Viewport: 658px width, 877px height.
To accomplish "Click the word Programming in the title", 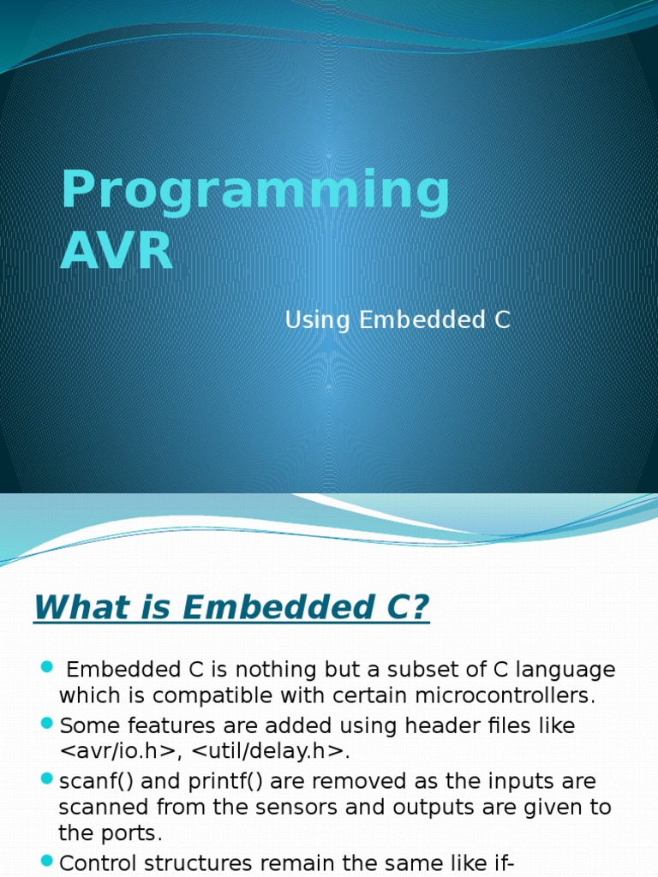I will click(254, 192).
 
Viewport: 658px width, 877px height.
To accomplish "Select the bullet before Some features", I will click(47, 725).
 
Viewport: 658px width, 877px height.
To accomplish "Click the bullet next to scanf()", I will click(47, 780).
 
